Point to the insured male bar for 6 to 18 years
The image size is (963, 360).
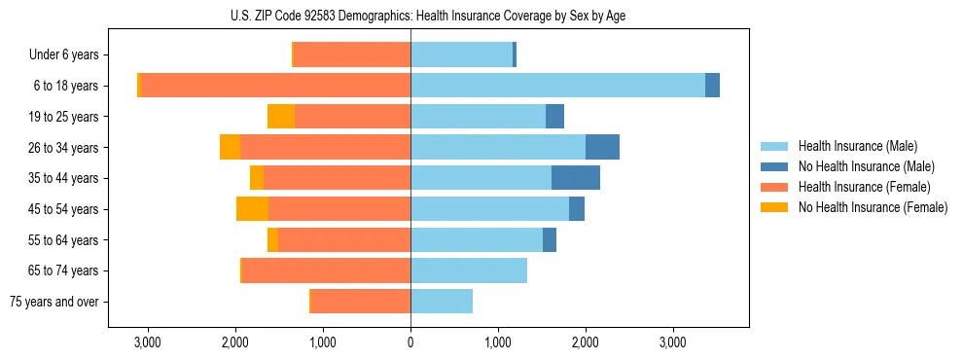[557, 86]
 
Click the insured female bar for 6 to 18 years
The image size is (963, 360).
[275, 86]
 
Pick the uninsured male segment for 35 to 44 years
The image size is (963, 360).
[576, 178]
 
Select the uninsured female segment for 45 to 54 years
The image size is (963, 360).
[252, 209]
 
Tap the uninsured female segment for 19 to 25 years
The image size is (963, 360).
[281, 117]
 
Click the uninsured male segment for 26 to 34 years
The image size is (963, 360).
[602, 147]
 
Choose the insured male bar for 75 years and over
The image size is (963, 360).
[442, 302]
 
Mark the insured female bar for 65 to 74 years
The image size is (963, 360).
[326, 270]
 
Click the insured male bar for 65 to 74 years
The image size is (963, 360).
[469, 270]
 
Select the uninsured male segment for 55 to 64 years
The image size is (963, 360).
[550, 239]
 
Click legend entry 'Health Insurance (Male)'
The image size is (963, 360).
[858, 146]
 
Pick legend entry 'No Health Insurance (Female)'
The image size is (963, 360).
[873, 207]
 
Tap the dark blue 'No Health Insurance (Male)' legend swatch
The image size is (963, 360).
[775, 166]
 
